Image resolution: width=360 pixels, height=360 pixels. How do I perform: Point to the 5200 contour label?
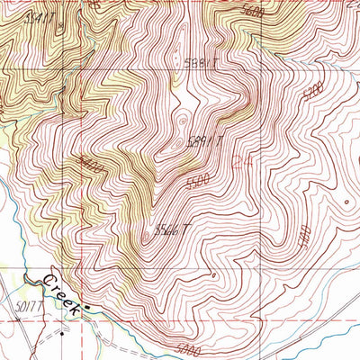point(312,92)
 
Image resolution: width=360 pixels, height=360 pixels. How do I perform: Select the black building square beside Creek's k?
point(89,310)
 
